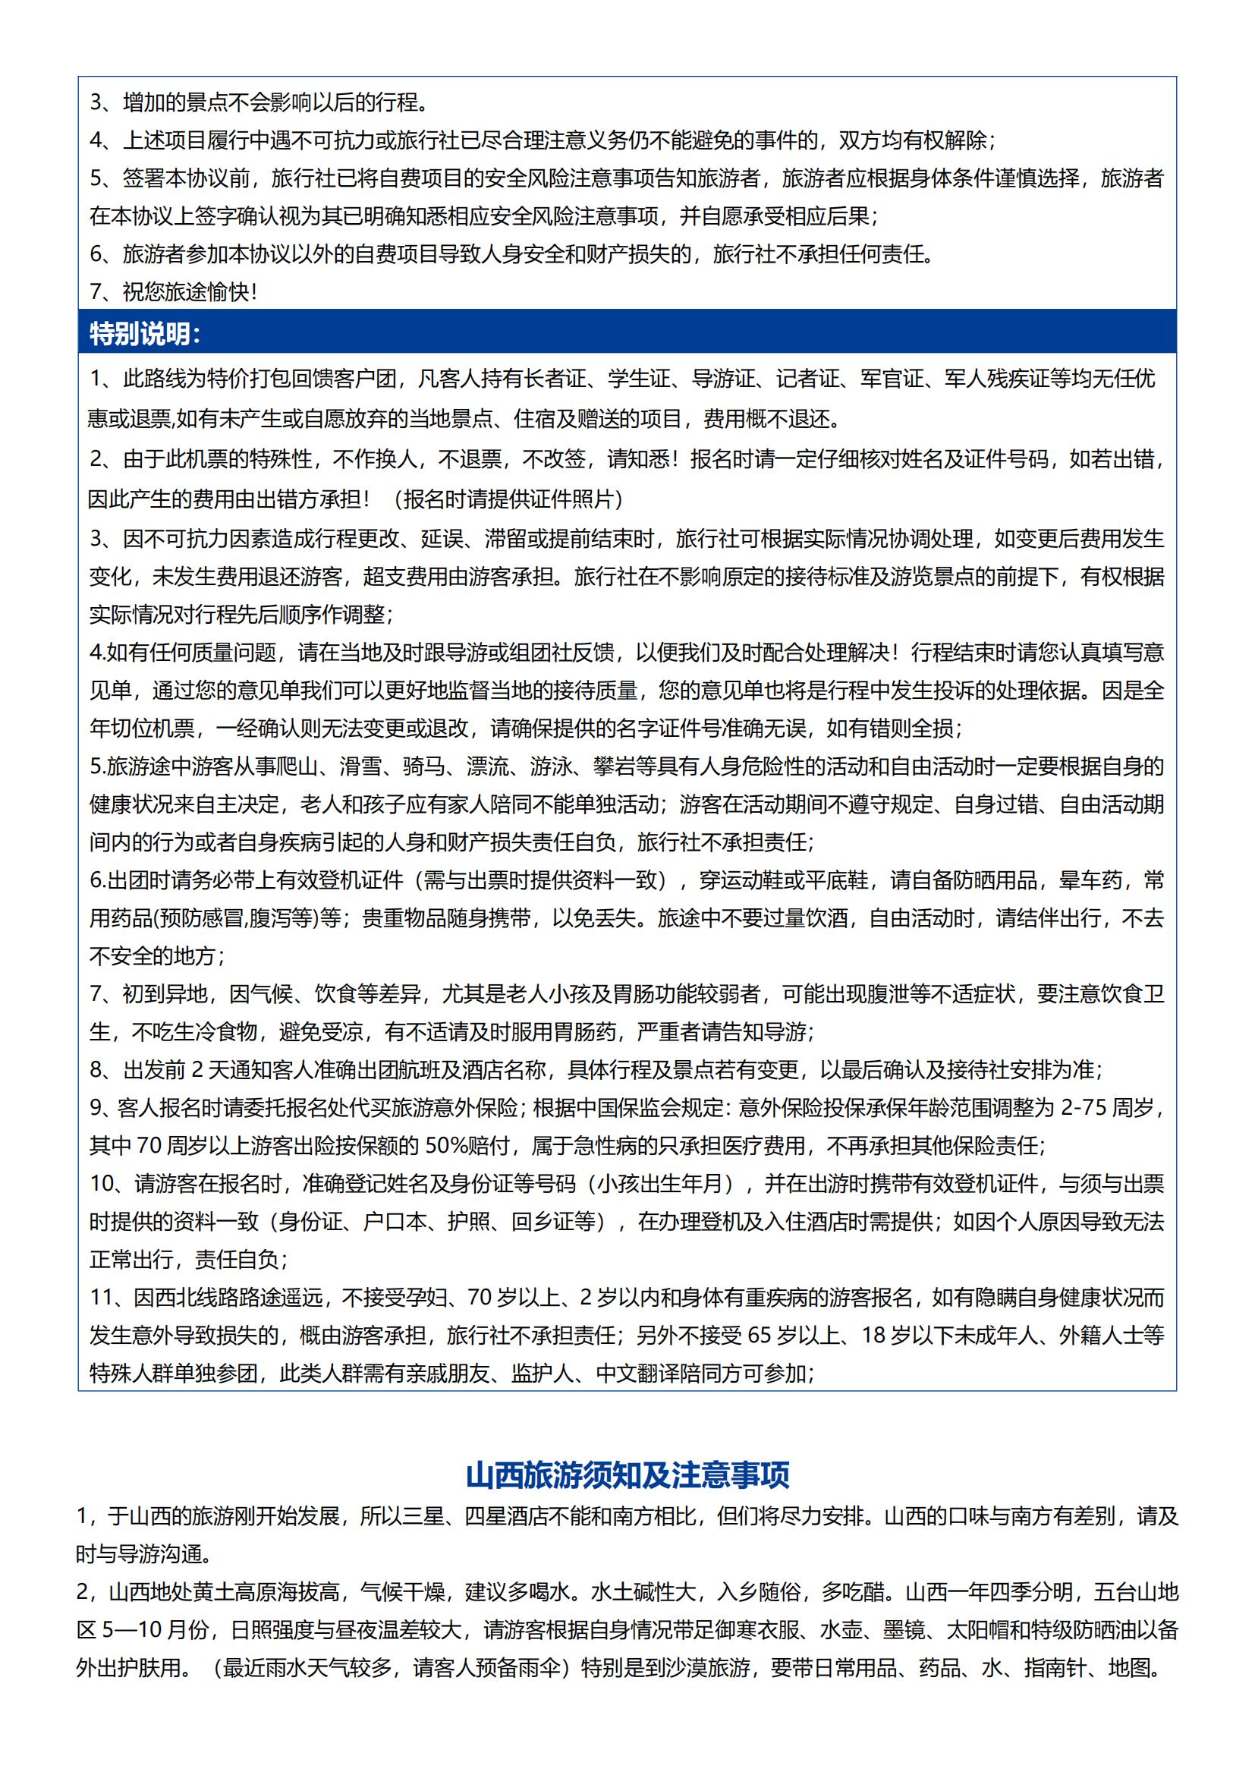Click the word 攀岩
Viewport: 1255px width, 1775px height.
(x=615, y=766)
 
